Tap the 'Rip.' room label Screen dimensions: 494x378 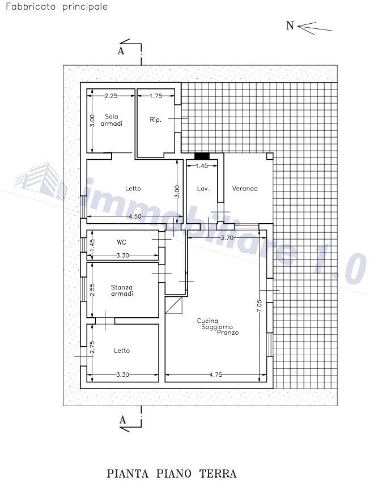156,120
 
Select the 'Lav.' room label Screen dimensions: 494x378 200,189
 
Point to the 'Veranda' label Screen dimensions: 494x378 245,189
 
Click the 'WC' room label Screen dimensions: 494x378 121,242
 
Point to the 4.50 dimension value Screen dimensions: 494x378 135,216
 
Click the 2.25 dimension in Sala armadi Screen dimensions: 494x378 112,96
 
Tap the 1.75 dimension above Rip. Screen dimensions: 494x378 155,96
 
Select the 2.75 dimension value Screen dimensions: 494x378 92,348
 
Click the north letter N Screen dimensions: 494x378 290,26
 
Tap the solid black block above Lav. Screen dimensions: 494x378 202,156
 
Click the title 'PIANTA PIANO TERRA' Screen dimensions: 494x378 171,474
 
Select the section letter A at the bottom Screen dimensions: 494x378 121,420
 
